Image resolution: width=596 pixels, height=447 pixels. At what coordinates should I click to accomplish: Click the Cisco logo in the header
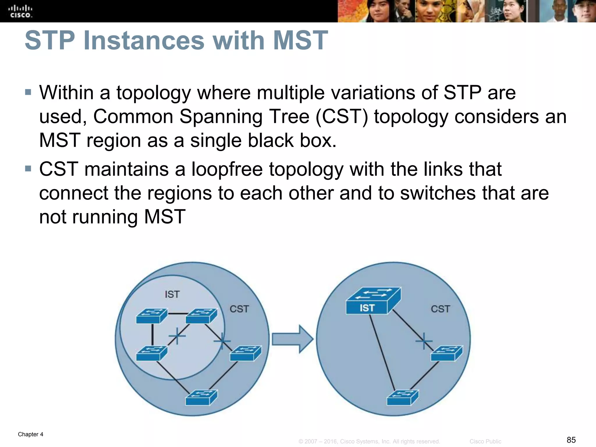21,11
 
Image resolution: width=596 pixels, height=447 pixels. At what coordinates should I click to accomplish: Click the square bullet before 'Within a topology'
28,93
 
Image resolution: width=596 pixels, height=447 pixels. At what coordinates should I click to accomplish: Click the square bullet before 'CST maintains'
28,169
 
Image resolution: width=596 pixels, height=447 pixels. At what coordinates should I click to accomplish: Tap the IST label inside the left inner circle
172,295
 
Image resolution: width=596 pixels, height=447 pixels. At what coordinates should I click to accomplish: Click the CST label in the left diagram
239,309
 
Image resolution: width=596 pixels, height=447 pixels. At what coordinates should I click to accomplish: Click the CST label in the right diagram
440,309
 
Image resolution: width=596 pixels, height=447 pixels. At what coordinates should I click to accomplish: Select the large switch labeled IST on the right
373,301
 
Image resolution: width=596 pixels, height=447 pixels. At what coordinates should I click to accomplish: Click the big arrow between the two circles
292,339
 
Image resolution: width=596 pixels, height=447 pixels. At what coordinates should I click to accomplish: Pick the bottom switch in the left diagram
201,398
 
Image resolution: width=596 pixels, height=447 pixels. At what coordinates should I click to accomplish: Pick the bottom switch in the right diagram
403,398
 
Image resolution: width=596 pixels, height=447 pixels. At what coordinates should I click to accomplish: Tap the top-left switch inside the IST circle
152,316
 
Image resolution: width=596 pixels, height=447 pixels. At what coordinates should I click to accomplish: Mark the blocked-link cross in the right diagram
424,341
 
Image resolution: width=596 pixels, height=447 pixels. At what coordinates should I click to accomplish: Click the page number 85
571,440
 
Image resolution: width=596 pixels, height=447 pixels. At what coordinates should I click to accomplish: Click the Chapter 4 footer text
31,434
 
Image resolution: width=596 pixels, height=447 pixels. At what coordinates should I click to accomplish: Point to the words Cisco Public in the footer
485,441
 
